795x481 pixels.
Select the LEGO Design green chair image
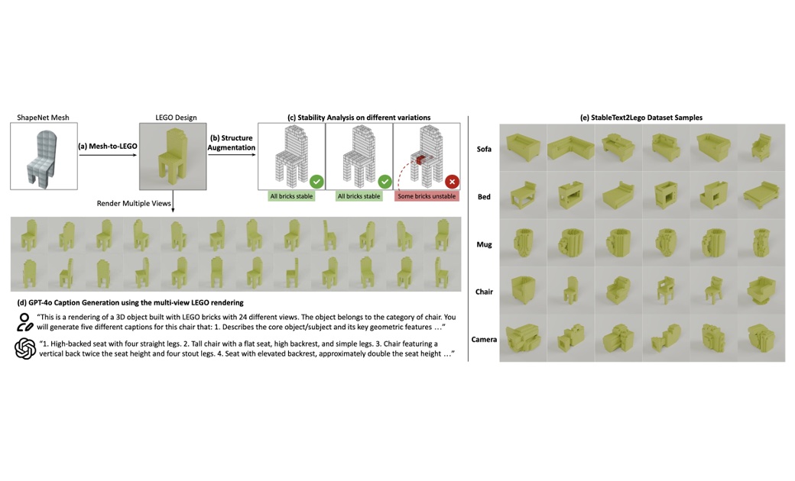tap(173, 156)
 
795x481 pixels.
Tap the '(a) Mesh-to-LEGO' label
tap(108, 146)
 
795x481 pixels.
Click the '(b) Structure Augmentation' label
tap(231, 142)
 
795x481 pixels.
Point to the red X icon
tap(452, 181)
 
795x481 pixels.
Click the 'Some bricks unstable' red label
tap(427, 196)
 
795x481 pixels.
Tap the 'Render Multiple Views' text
tap(134, 203)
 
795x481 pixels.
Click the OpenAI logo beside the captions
tap(24, 348)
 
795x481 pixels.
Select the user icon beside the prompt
tap(24, 322)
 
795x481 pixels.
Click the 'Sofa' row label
tap(484, 149)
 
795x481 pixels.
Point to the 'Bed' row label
tap(484, 196)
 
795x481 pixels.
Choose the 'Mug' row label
tap(484, 244)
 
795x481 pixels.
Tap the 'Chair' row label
tap(484, 292)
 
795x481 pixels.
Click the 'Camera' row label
tap(484, 339)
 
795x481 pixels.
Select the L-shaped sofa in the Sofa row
tap(570, 147)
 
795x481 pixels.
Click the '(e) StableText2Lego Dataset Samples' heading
tap(641, 118)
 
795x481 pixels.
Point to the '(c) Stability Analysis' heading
tap(359, 118)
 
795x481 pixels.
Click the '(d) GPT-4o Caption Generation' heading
tap(130, 303)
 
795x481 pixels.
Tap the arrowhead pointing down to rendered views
tap(173, 209)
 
